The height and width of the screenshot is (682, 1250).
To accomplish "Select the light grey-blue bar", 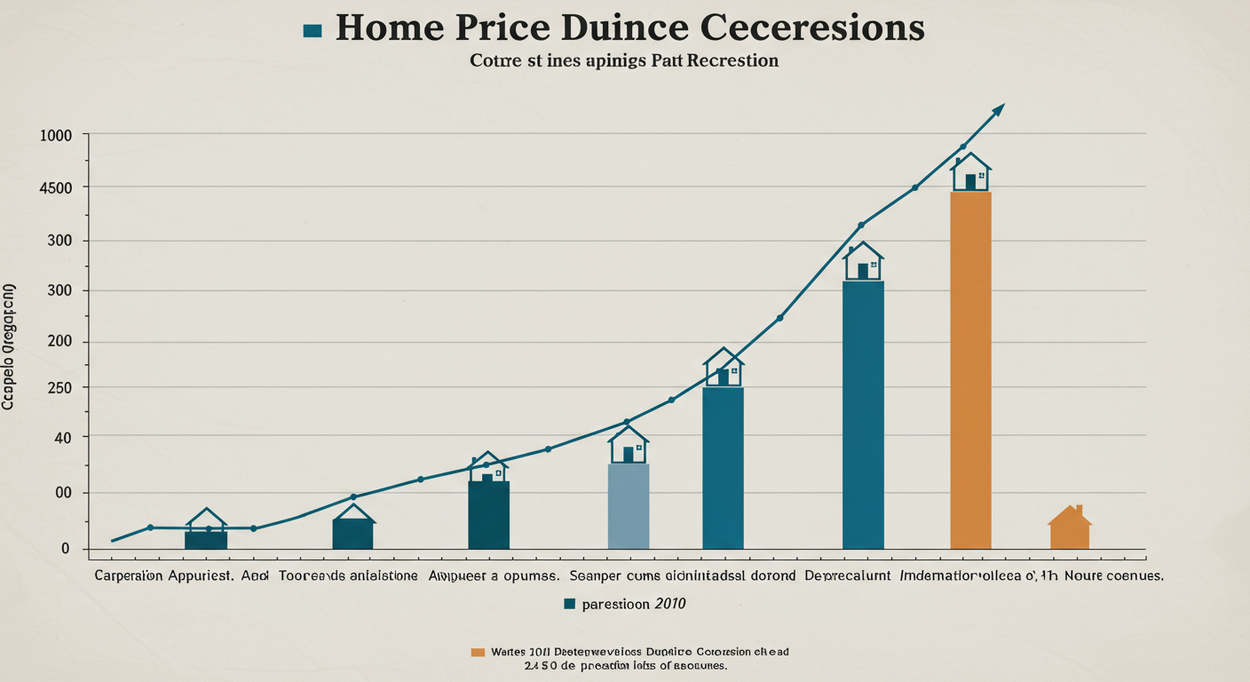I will point(628,505).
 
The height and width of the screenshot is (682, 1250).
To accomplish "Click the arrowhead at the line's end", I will point(999,108).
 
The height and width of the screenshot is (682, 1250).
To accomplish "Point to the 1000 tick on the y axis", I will point(56,135).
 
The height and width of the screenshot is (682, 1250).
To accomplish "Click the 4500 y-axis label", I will point(56,187).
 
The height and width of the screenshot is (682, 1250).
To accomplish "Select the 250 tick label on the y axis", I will point(58,388).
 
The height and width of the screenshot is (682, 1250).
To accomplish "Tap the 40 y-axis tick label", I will point(61,437).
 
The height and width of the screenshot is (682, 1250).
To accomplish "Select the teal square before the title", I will point(312,30).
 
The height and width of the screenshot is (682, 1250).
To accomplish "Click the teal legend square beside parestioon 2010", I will point(570,604).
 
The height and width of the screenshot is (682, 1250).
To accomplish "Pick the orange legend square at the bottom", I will point(478,652).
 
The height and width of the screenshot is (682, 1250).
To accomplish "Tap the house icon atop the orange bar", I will point(970,172).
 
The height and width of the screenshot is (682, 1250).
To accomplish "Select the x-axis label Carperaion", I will point(128,575).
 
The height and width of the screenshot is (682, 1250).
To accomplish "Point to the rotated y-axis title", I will point(9,346).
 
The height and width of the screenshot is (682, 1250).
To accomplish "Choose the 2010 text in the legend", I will point(669,604).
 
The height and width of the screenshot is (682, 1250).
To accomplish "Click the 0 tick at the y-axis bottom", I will point(65,549).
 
